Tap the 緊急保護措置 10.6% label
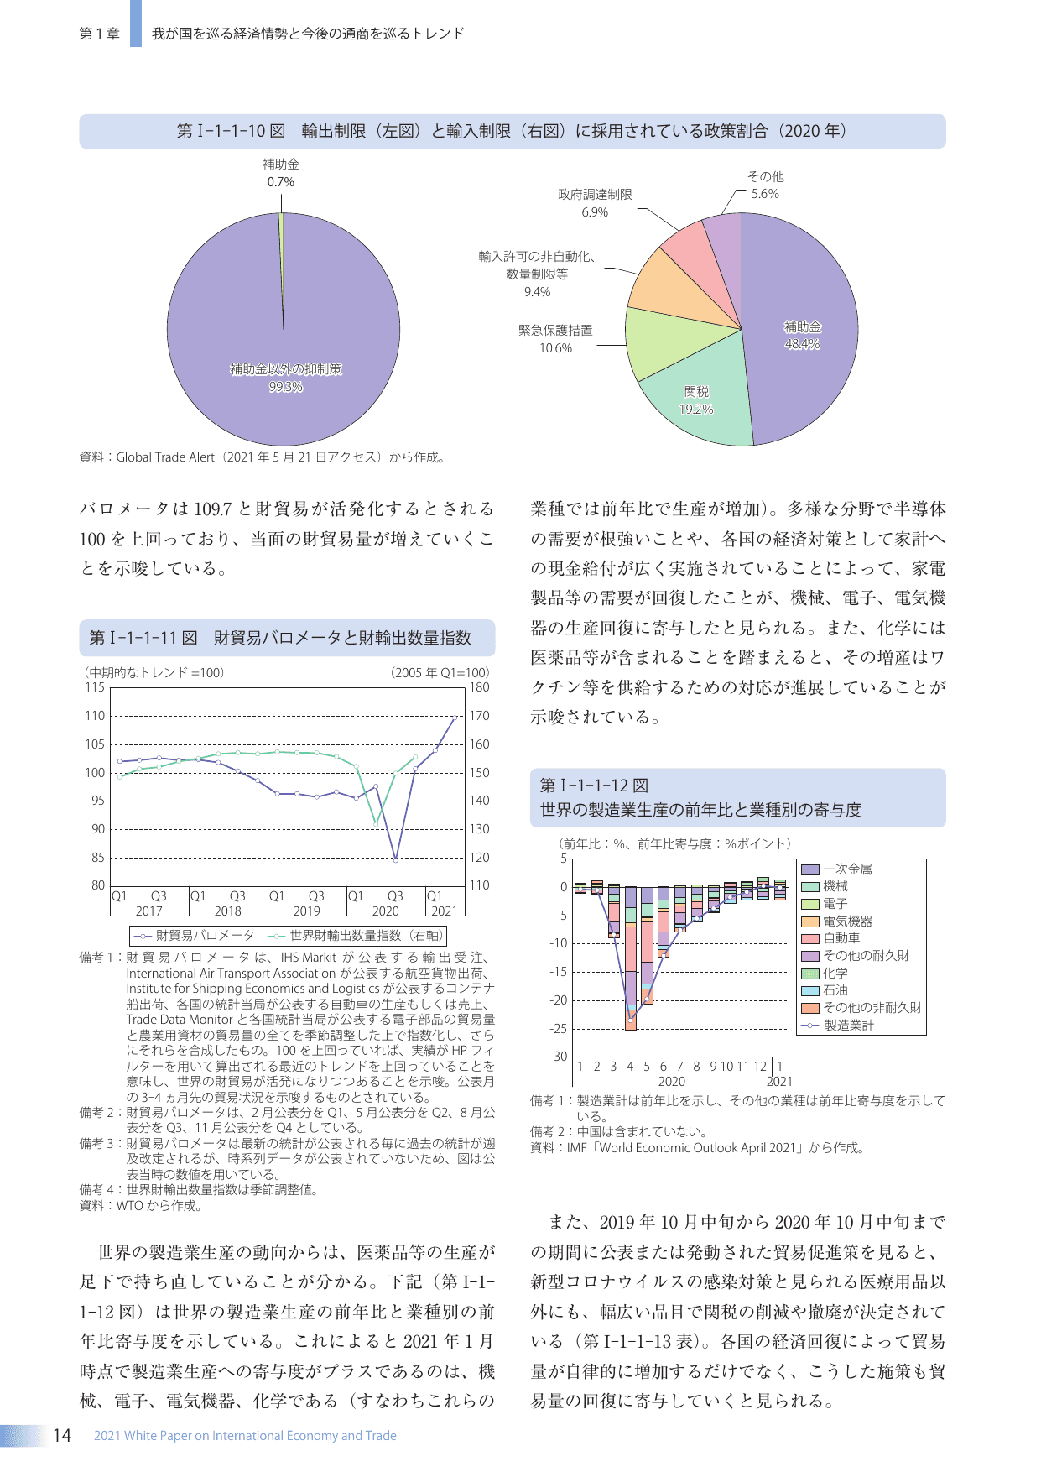pos(555,339)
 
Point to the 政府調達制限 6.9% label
pos(595,203)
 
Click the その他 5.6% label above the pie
pos(765,185)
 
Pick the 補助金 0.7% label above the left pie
pos(280,173)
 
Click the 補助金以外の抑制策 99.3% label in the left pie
pos(285,378)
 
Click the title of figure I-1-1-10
pos(512,131)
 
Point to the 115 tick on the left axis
pos(95,687)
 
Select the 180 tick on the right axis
pos(479,687)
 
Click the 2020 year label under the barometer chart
pos(385,911)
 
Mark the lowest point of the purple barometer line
pos(396,859)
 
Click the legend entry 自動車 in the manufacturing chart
pos(841,938)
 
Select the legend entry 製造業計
pos(848,1025)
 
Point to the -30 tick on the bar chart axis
pos(559,1057)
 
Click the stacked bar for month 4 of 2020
pos(630,957)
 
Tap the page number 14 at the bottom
pos(62,1435)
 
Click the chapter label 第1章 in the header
pos(99,34)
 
